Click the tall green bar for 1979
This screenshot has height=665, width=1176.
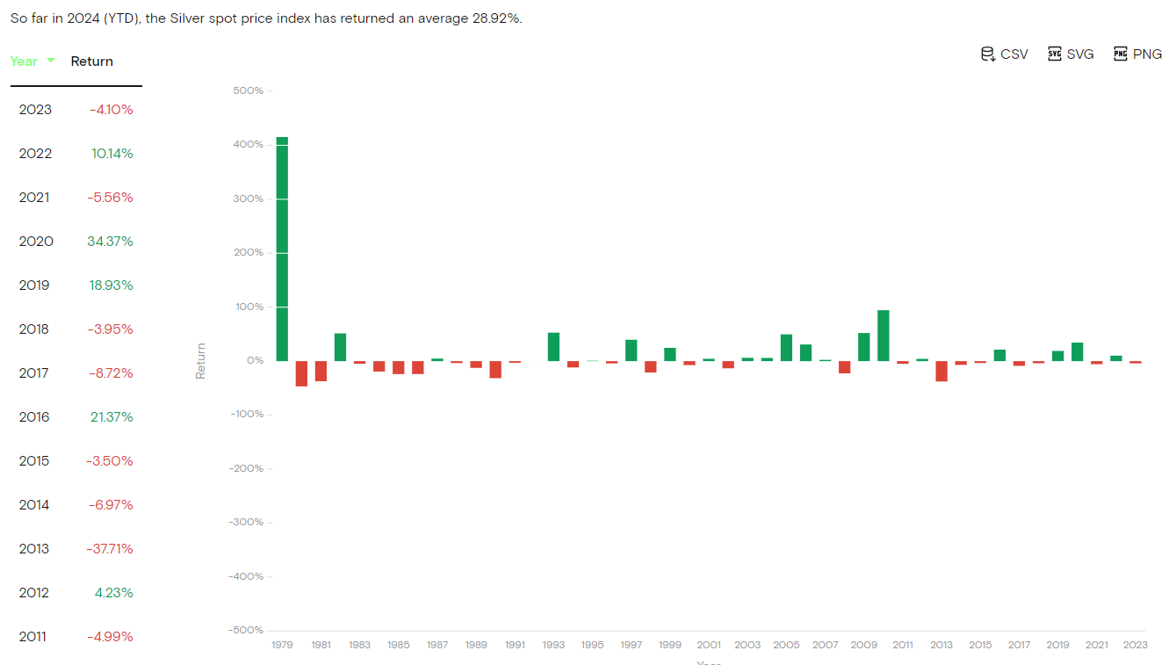tap(282, 249)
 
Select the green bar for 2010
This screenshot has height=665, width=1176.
tap(884, 336)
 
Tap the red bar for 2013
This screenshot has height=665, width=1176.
tap(942, 371)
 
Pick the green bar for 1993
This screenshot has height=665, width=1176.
tap(553, 347)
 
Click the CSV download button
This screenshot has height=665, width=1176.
tap(1004, 54)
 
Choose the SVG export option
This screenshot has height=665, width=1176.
tap(1071, 54)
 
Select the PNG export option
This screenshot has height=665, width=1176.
tap(1137, 54)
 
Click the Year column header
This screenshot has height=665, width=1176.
tap(25, 61)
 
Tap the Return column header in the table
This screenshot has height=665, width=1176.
tap(92, 61)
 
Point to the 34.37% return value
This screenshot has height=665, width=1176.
tap(111, 242)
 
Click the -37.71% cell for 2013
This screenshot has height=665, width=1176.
tap(110, 549)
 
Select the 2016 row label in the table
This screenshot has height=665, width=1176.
tap(35, 417)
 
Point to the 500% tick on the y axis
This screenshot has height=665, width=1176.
tap(248, 90)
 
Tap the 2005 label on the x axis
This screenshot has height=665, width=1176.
tap(786, 645)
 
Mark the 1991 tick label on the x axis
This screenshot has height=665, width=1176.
tap(515, 645)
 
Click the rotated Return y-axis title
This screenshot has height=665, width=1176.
tap(200, 361)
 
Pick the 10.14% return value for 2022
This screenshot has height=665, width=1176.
tap(112, 154)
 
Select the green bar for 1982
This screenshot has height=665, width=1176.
tap(340, 347)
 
